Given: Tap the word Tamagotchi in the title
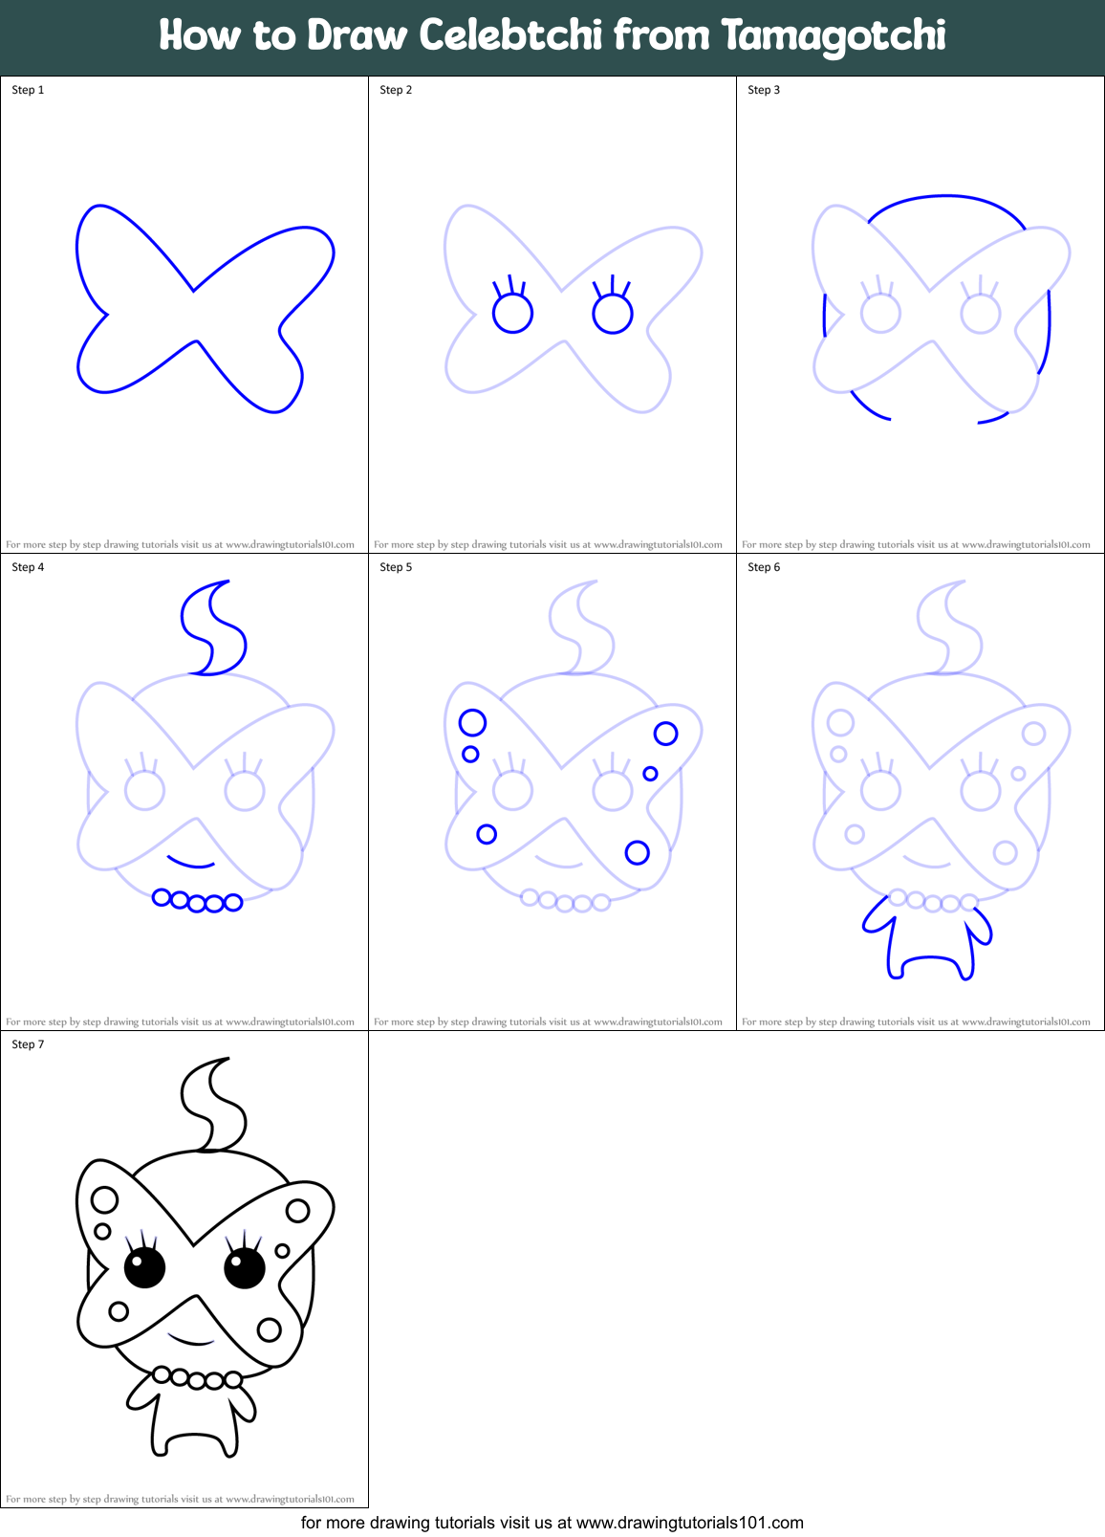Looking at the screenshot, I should (833, 36).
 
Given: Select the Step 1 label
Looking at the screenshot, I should (28, 90).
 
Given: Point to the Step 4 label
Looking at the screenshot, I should (28, 567).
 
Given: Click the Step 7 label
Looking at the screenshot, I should (28, 1044).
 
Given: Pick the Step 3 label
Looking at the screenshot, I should (764, 90).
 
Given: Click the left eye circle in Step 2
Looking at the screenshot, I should (512, 314).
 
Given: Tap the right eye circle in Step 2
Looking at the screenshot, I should (613, 314).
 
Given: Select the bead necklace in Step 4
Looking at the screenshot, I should (197, 901).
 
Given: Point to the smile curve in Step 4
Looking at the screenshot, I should (191, 863).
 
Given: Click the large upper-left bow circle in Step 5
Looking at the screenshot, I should (472, 722).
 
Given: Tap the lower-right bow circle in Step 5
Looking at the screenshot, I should (638, 852).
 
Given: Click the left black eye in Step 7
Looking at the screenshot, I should (145, 1269).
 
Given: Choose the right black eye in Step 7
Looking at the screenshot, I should (245, 1269).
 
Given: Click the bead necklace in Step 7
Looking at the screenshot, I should (197, 1378).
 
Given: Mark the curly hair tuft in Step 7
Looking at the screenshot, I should (216, 1107).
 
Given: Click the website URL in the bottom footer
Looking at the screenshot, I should (689, 1523).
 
